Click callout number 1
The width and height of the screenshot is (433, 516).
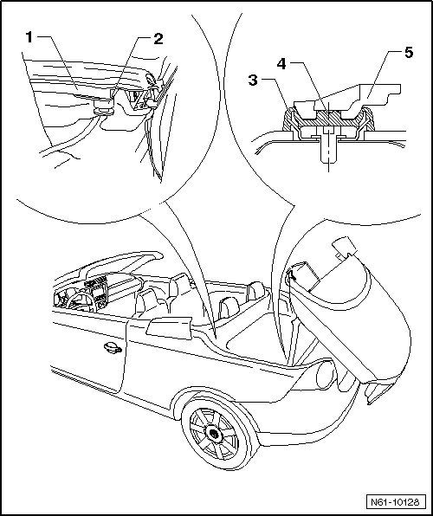coord(29,37)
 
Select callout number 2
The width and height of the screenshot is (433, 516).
coord(158,39)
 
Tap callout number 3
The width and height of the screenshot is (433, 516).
coord(253,80)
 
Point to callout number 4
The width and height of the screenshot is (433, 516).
coord(281,63)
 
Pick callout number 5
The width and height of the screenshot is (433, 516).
coord(409,52)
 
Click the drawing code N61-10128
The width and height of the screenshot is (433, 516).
coord(396,502)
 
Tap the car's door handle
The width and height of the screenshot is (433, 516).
coord(113,348)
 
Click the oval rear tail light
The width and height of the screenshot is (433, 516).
coord(326,375)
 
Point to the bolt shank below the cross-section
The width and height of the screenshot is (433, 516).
coord(328,151)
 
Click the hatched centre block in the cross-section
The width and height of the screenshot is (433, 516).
coord(328,119)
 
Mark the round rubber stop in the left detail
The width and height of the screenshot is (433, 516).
coord(104,107)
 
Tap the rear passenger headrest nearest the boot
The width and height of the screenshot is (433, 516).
coord(255,290)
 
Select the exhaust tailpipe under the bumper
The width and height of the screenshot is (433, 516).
coord(375,394)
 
